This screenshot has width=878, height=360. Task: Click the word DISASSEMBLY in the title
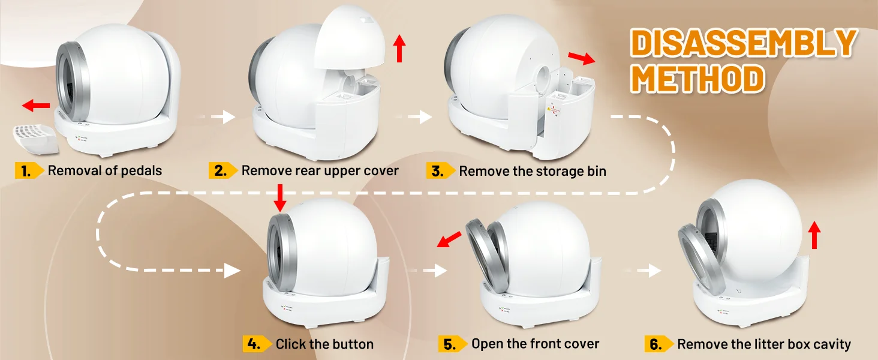pos(743,43)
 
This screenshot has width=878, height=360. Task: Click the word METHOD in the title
pos(697,79)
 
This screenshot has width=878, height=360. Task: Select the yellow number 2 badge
pos(223,170)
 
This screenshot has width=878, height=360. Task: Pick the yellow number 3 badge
pos(441,171)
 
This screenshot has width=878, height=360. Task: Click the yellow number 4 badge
pos(257,344)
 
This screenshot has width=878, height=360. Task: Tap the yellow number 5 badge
pos(453,344)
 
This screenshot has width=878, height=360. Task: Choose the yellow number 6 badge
pos(659,344)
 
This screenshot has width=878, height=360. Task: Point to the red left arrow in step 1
pos(36,105)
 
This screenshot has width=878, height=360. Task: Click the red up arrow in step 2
pos(399,48)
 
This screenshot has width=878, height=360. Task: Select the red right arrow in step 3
pos(582,58)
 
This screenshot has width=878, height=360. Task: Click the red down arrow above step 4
pos(280,198)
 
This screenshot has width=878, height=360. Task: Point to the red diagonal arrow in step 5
pos(449,239)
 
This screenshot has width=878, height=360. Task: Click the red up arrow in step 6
pos(814,235)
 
